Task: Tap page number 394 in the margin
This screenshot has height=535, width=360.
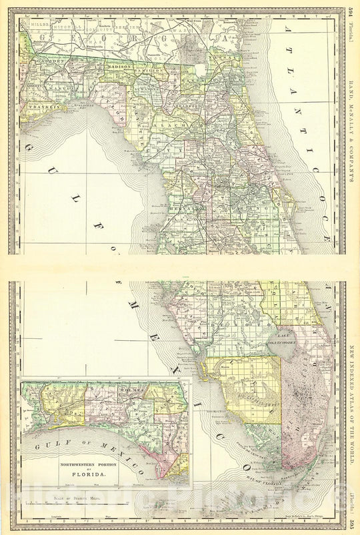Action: pyautogui.click(x=351, y=14)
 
